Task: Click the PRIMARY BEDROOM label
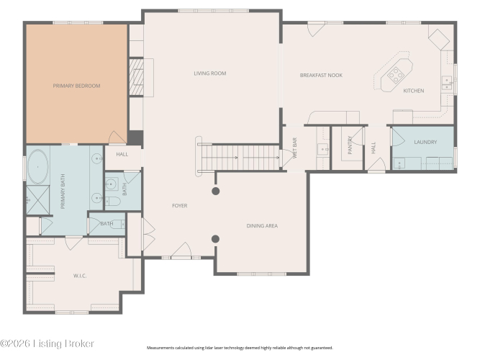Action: coord(76,86)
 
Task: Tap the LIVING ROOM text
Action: coord(210,73)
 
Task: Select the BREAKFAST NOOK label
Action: coord(321,75)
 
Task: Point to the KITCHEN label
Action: coord(414,91)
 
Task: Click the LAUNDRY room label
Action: coord(425,142)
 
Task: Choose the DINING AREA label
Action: coord(262,226)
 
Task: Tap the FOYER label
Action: coord(180,206)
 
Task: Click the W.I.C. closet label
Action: coord(80,276)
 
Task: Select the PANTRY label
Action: coord(350,145)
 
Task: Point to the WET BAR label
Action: coord(295,148)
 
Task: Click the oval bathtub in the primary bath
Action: coord(38,166)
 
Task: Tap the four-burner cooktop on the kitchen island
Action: coord(396,75)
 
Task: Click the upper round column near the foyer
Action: coord(215,192)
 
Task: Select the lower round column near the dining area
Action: coord(215,239)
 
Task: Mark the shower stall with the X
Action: coord(38,200)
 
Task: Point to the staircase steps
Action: coord(240,157)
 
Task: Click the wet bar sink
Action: coord(322,149)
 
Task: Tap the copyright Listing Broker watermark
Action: coord(47,343)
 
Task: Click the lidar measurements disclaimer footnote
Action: coord(240,348)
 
